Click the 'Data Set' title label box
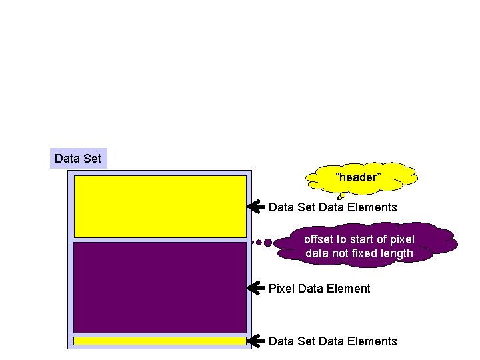78,159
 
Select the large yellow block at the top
160,206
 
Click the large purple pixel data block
160,287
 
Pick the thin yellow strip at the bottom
160,341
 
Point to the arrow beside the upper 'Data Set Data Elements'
255,207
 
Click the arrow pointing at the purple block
255,288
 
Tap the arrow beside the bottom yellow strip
255,341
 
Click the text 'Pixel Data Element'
319,288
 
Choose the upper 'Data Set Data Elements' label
333,207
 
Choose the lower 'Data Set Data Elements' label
333,341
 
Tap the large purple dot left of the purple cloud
267,243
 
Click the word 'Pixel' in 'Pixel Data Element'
281,288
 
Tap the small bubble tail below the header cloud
341,196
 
